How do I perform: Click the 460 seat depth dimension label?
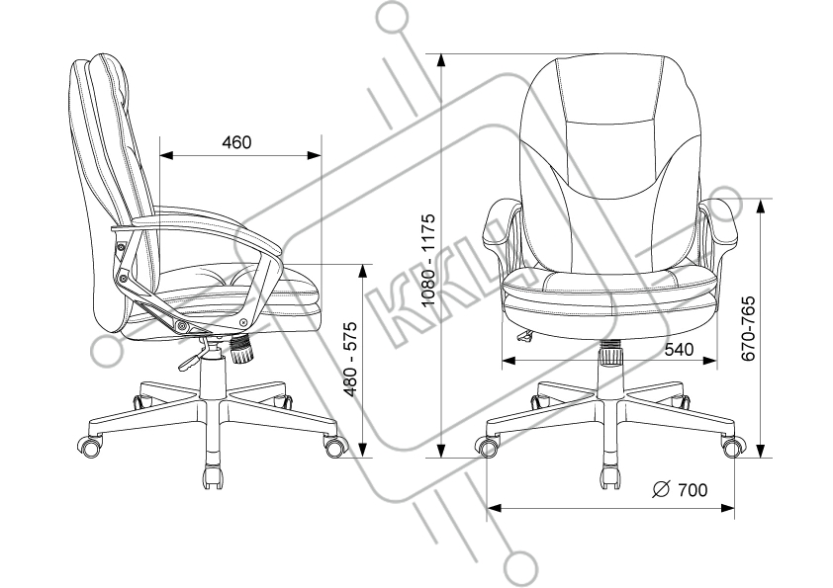tap(235, 142)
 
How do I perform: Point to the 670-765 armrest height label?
tap(749, 327)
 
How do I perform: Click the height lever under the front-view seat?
tap(523, 337)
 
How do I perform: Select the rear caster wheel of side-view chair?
tap(91, 446)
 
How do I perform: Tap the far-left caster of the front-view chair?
tap(487, 447)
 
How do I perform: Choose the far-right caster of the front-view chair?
tap(733, 447)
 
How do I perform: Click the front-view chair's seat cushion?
tap(610, 288)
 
